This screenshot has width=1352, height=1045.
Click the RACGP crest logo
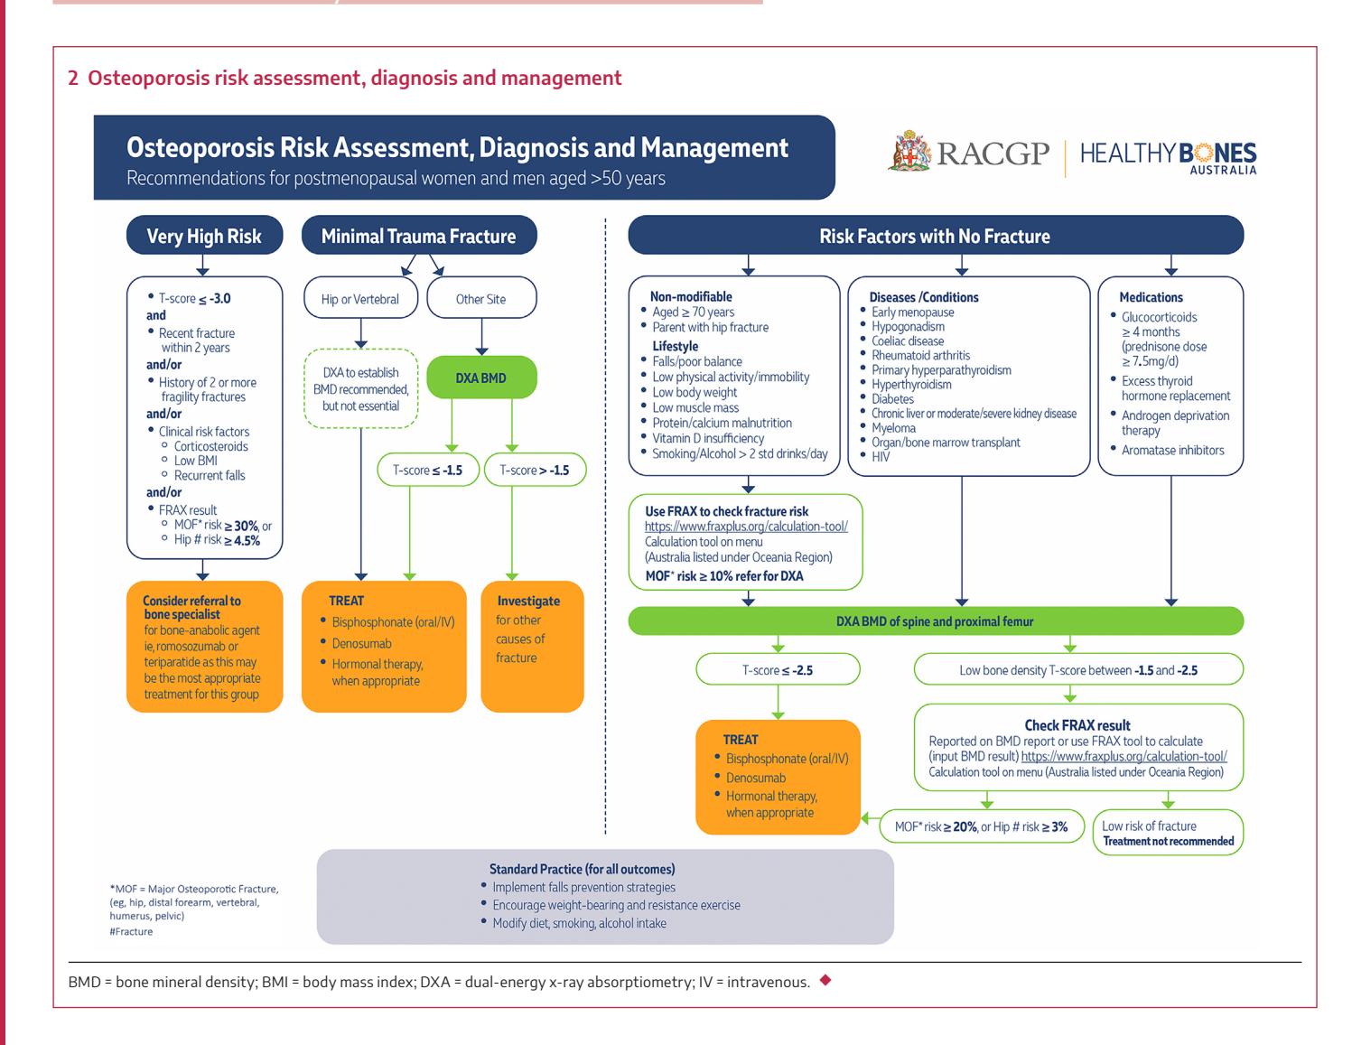coord(909,151)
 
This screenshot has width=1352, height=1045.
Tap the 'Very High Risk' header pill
coord(204,235)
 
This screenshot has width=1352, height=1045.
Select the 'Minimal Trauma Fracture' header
coord(419,235)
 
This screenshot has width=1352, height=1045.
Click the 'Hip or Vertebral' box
coord(360,298)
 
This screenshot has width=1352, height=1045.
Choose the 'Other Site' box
coord(481,298)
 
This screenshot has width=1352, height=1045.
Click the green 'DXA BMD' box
coord(481,378)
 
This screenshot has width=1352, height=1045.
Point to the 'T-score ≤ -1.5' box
coord(427,470)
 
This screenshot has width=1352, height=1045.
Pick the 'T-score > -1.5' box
coord(535,470)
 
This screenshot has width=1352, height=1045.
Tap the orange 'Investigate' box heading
coord(528,601)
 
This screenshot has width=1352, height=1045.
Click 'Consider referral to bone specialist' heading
coord(191,607)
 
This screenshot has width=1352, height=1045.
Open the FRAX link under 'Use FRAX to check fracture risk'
coord(746,527)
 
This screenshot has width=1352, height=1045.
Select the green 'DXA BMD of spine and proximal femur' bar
coord(935,620)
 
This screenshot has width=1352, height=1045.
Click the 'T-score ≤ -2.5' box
coord(778,670)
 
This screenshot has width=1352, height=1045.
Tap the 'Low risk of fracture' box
coord(1168,832)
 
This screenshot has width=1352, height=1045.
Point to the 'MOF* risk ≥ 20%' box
coord(981,826)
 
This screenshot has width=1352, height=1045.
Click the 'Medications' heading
coord(1151,297)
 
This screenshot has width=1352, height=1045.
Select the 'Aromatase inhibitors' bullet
coord(1172,450)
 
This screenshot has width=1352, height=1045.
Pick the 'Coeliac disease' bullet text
coord(907,341)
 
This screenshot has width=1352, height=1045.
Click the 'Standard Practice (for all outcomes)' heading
coord(582,869)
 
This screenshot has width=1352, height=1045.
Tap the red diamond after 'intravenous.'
coord(825,980)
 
